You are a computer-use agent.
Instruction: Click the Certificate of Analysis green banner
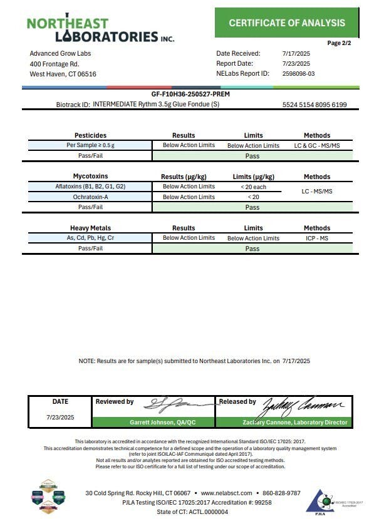287,23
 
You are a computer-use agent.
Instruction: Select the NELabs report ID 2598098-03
299,74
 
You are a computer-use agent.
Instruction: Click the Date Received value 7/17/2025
296,54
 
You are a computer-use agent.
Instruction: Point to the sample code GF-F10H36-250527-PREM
191,94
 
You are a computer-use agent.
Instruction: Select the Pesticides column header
90,135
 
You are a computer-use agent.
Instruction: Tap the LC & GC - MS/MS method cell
317,145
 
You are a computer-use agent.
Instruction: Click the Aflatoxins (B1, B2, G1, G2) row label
90,187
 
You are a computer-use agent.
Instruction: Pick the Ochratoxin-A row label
90,197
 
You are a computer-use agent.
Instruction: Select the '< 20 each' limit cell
253,187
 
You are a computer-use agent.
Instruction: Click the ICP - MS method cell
317,238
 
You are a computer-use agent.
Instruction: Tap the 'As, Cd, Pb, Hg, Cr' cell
90,238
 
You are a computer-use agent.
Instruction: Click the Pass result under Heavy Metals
252,249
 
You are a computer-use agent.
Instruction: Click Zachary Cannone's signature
299,405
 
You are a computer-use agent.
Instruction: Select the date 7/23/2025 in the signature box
60,417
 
